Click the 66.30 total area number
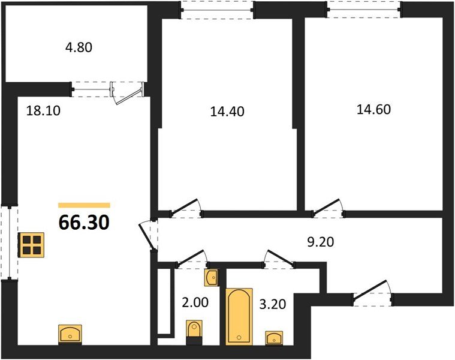click(84, 223)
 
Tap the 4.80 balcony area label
click(79, 47)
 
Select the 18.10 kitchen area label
click(43, 110)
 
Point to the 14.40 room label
click(227, 112)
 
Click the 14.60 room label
click(373, 110)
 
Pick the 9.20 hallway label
click(321, 242)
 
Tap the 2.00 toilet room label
click(195, 302)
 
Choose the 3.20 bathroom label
click(273, 304)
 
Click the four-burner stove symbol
click(31, 245)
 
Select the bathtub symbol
click(239, 317)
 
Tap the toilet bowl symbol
click(194, 332)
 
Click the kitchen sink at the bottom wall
click(70, 334)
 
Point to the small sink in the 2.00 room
click(211, 278)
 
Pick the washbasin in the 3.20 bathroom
click(274, 338)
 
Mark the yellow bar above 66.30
click(84, 205)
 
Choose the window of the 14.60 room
click(364, 10)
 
